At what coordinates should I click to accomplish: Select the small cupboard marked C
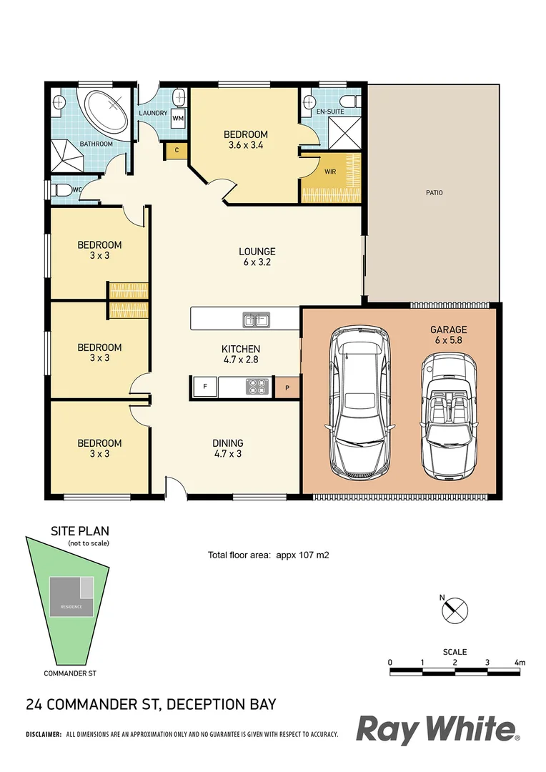pyautogui.click(x=176, y=151)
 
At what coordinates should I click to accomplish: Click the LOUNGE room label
pyautogui.click(x=257, y=257)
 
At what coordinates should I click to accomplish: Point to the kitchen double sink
pyautogui.click(x=256, y=319)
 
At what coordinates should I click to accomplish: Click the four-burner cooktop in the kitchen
pyautogui.click(x=257, y=387)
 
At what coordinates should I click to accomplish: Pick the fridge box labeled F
pyautogui.click(x=205, y=387)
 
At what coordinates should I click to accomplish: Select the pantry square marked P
pyautogui.click(x=287, y=387)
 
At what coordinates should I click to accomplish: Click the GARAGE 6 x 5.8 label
pyautogui.click(x=448, y=335)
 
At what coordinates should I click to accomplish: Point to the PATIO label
pyautogui.click(x=434, y=192)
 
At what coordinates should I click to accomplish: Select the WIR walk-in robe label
pyautogui.click(x=329, y=172)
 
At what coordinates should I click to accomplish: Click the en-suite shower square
pyautogui.click(x=343, y=134)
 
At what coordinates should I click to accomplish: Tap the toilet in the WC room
pyautogui.click(x=61, y=190)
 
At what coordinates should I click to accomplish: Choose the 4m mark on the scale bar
pyautogui.click(x=520, y=663)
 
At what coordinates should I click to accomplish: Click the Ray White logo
pyautogui.click(x=437, y=731)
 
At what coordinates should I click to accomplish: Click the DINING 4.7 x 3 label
pyautogui.click(x=228, y=447)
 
